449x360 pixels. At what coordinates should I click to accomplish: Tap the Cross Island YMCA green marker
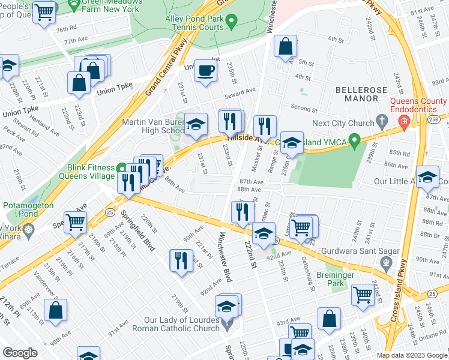pos(355,142)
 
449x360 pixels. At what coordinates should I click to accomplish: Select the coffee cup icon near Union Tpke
pos(206,71)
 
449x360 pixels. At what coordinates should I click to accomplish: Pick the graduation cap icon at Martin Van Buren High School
pos(196,124)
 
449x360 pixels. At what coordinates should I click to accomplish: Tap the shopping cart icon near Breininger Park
pos(363,295)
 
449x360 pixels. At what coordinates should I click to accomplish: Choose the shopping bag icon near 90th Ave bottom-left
pos(55,310)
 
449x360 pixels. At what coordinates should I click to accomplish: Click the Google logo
pos(20,353)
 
